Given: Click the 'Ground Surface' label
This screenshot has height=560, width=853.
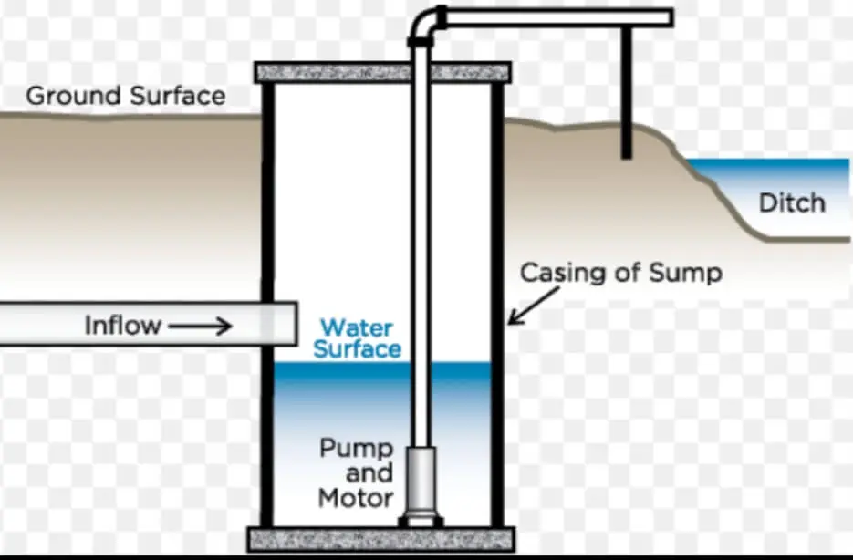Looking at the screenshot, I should click(125, 96).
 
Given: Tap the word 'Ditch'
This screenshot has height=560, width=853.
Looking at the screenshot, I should click(791, 202).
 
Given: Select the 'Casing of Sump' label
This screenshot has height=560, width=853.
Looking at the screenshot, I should click(620, 272).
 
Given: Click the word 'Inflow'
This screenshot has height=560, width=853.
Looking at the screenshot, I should click(122, 325).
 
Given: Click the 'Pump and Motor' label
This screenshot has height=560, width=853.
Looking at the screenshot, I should click(356, 473).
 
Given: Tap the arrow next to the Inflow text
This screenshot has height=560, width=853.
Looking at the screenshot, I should click(199, 326).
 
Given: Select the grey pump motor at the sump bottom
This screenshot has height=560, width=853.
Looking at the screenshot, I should click(422, 482).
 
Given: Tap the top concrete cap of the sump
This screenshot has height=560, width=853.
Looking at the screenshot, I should click(382, 72).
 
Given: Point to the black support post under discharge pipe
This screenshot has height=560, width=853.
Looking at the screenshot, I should click(627, 91).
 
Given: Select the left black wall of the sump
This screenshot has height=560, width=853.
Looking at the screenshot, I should click(268, 301).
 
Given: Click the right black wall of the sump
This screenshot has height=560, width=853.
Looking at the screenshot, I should click(497, 301).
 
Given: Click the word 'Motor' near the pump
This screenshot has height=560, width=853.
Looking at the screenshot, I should click(356, 498).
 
